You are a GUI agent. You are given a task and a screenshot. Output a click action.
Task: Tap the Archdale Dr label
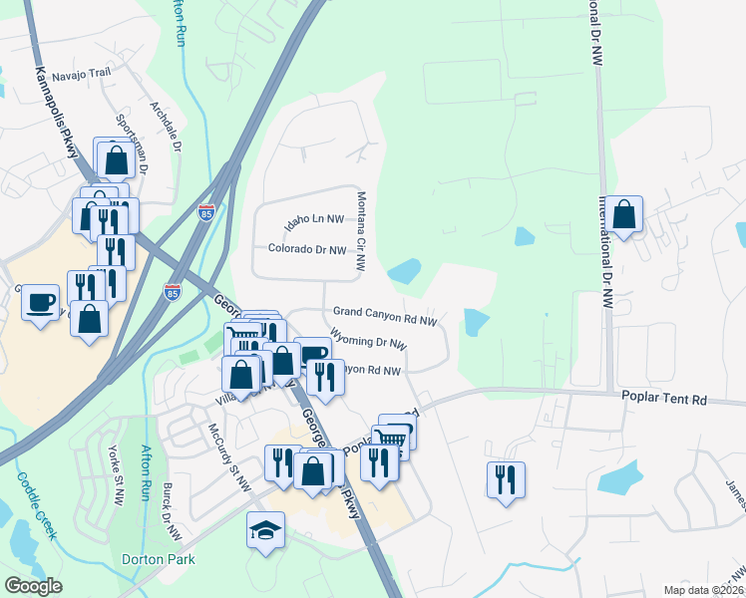pyautogui.click(x=166, y=126)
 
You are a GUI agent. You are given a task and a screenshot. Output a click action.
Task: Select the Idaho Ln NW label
pyautogui.click(x=314, y=218)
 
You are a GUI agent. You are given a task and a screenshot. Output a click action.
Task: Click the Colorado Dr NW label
pyautogui.click(x=307, y=249)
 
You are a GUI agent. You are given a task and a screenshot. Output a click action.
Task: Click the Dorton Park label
pyautogui.click(x=150, y=559)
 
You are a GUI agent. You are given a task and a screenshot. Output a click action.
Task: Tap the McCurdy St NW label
pyautogui.click(x=229, y=456)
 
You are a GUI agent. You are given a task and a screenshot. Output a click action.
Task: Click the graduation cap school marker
pyautogui.click(x=266, y=529)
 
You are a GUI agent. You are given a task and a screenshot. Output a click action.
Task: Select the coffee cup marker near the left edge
pyautogui.click(x=41, y=301)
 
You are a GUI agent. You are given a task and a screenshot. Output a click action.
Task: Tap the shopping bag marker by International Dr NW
pyautogui.click(x=624, y=214)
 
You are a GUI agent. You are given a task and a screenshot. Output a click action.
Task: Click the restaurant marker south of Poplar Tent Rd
pyautogui.click(x=507, y=479)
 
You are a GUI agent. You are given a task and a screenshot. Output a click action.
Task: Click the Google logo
pyautogui.click(x=34, y=586)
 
